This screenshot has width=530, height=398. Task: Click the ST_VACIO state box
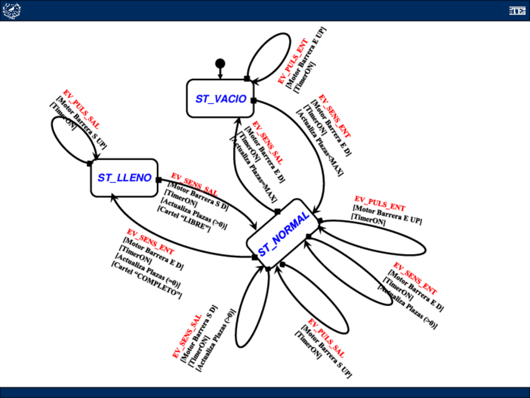pos(220,98)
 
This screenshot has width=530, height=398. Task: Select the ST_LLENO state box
pos(124,178)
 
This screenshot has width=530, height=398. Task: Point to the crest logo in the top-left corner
pos(11,10)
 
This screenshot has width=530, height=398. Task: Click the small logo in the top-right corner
pos(516,11)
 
